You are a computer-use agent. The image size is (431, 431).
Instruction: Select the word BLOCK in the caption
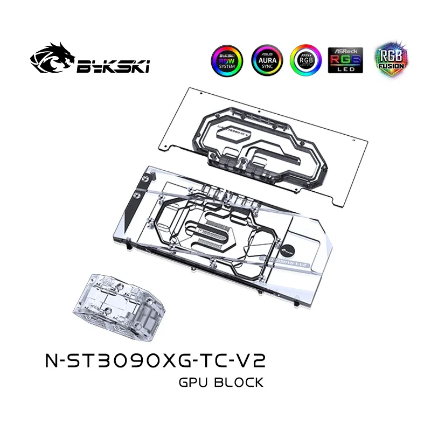241,383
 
